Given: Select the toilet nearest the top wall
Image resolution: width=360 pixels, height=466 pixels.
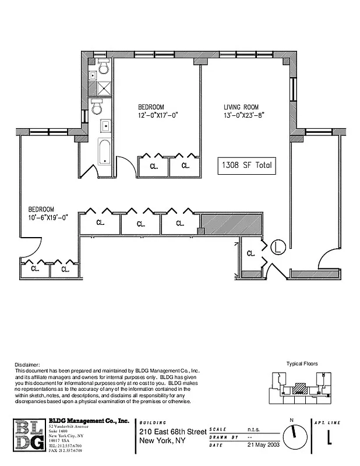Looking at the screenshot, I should (104, 68).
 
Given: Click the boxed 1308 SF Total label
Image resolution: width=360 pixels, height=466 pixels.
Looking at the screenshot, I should (245, 165).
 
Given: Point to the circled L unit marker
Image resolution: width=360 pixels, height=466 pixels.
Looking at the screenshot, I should (278, 246).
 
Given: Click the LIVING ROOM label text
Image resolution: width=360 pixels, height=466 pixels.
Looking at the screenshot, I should (241, 107).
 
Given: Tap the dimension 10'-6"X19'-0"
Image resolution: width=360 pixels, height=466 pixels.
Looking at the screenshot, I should (49, 218).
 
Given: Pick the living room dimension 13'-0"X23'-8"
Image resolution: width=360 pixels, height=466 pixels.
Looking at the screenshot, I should (245, 115).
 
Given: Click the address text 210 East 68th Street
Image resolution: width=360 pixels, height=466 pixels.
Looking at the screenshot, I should (172, 432).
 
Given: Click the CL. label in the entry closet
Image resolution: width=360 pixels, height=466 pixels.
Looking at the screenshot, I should (251, 253).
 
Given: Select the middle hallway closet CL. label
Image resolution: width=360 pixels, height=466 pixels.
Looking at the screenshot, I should (140, 224).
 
